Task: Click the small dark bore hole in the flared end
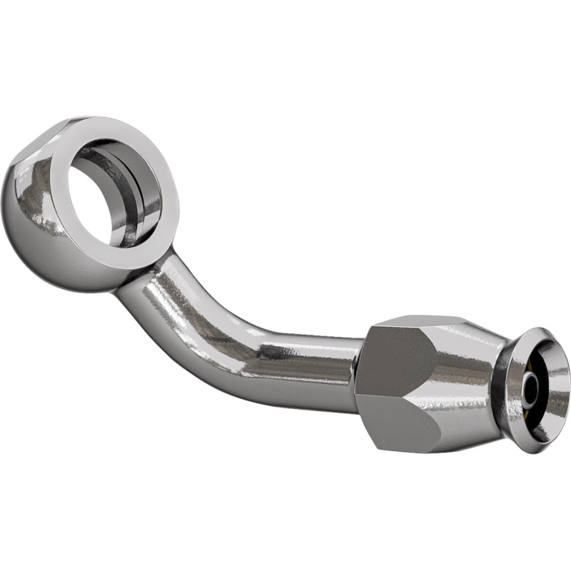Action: [x=530, y=389]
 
